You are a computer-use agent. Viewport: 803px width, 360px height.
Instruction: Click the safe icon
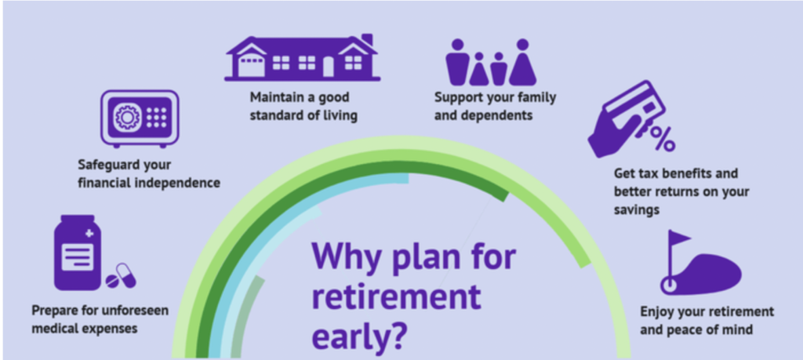[x=140, y=118]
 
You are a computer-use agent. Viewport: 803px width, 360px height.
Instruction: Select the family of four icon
[x=491, y=62]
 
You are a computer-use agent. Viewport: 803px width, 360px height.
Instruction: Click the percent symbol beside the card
[x=663, y=138]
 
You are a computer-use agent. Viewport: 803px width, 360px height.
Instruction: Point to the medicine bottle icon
[x=78, y=253]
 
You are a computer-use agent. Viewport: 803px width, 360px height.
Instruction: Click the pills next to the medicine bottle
[x=121, y=276]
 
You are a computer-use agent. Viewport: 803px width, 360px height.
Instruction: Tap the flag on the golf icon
[x=678, y=238]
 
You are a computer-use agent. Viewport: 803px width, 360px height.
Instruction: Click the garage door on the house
[x=252, y=67]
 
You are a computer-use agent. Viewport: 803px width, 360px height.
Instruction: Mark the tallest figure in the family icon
[x=522, y=62]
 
